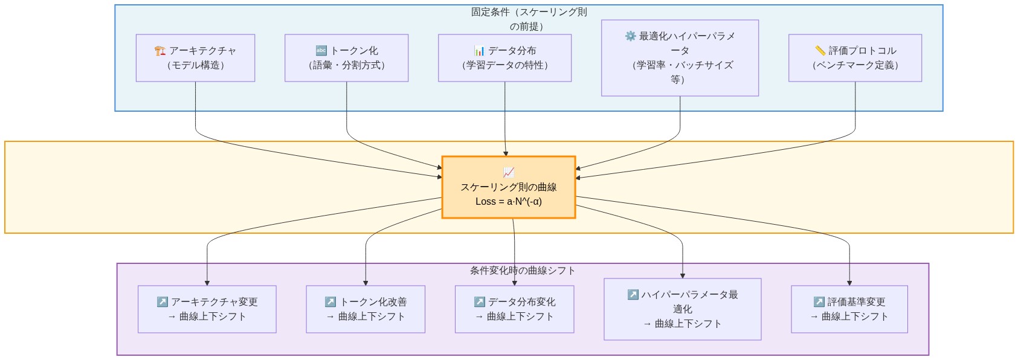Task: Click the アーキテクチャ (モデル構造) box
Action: [195, 58]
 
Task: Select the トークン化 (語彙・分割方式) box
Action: [346, 58]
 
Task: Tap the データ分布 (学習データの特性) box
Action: [504, 58]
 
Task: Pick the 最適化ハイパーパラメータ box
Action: [680, 58]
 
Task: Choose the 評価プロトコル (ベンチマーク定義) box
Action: [855, 58]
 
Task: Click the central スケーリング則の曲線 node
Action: [508, 187]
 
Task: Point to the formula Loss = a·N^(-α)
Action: [508, 202]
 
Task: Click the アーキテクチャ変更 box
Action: [207, 309]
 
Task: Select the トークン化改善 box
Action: [366, 309]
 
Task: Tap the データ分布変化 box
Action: [514, 309]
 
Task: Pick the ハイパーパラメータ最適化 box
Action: [682, 309]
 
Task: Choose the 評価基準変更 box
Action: [849, 309]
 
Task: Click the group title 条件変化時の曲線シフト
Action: [523, 271]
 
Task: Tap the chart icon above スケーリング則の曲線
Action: [508, 172]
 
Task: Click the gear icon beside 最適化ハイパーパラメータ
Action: [630, 36]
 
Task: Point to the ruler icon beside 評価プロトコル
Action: [820, 51]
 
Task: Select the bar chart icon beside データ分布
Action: [479, 51]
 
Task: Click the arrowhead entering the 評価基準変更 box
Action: [849, 283]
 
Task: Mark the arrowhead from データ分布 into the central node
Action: [506, 153]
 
